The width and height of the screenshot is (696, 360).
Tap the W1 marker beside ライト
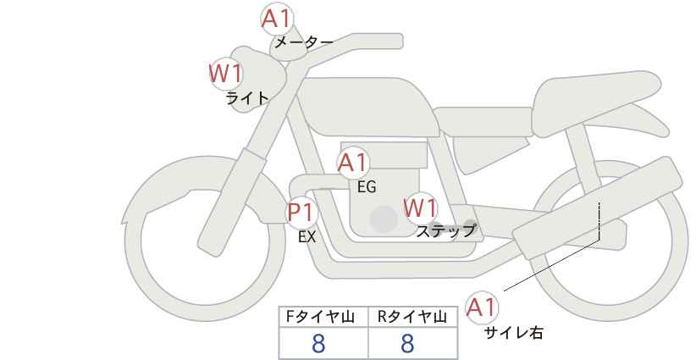coord(226,75)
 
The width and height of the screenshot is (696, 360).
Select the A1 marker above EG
coord(354,162)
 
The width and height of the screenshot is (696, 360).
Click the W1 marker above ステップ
coord(420,208)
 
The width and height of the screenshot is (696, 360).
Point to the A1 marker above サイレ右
coord(483,307)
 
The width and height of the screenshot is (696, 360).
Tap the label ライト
coord(247,98)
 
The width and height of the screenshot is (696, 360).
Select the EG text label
coord(367,187)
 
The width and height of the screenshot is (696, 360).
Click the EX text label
coord(307,237)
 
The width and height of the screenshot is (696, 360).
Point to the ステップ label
coord(446,230)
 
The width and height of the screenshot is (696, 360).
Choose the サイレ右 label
coord(513,333)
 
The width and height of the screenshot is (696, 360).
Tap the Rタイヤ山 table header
coord(412,317)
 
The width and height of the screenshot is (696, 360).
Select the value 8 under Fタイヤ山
coord(318,343)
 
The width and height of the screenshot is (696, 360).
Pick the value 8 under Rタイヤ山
coord(407,343)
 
